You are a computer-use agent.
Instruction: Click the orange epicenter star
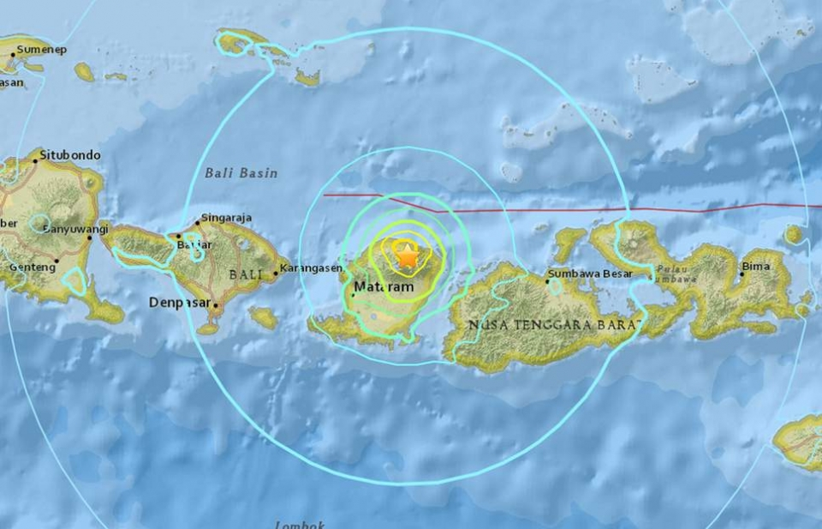click(x=407, y=255)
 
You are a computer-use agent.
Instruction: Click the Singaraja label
click(x=227, y=218)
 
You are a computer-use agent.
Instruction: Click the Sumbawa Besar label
click(x=590, y=274)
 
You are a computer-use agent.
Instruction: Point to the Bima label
click(x=758, y=267)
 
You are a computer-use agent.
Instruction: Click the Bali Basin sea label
click(x=241, y=173)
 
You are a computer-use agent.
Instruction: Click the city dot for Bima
click(x=742, y=274)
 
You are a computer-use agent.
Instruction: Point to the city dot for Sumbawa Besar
click(x=548, y=280)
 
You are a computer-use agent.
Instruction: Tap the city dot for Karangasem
click(x=276, y=274)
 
